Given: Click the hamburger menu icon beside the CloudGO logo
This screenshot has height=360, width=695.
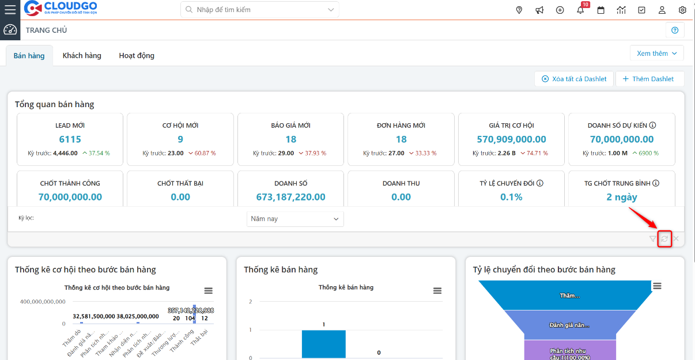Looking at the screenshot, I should (10, 10).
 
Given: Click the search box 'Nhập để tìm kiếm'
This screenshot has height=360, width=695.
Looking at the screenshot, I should (259, 10).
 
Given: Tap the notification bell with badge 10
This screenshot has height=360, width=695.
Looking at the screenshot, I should (580, 10).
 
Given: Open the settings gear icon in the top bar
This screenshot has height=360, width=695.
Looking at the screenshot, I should (682, 10).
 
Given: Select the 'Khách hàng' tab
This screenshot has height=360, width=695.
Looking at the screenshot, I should (82, 56).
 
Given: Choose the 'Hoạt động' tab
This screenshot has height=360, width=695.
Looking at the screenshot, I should (137, 56).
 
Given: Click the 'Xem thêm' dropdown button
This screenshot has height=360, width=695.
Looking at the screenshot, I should (657, 54).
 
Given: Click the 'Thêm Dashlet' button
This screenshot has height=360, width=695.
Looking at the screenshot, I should (649, 79).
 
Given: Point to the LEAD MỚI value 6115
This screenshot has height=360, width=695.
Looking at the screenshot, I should (70, 139).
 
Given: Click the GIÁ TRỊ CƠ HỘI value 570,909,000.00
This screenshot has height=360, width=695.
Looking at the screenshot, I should (511, 139).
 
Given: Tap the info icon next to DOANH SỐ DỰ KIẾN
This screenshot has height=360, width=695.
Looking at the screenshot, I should (653, 126).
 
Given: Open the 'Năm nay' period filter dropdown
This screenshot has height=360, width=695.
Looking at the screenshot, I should (295, 219).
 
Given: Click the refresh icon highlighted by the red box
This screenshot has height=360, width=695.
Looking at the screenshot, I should (664, 239).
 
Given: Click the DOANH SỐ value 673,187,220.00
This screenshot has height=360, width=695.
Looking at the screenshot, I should (290, 197).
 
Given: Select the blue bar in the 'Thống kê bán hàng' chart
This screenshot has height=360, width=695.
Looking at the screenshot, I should (323, 344).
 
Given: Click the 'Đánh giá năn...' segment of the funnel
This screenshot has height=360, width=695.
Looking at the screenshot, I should (569, 325).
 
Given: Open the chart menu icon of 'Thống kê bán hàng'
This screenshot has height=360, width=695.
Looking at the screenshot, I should (437, 291).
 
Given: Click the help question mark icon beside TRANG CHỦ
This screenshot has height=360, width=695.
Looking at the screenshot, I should (675, 31).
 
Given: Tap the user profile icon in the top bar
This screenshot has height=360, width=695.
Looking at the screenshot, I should (662, 10).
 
